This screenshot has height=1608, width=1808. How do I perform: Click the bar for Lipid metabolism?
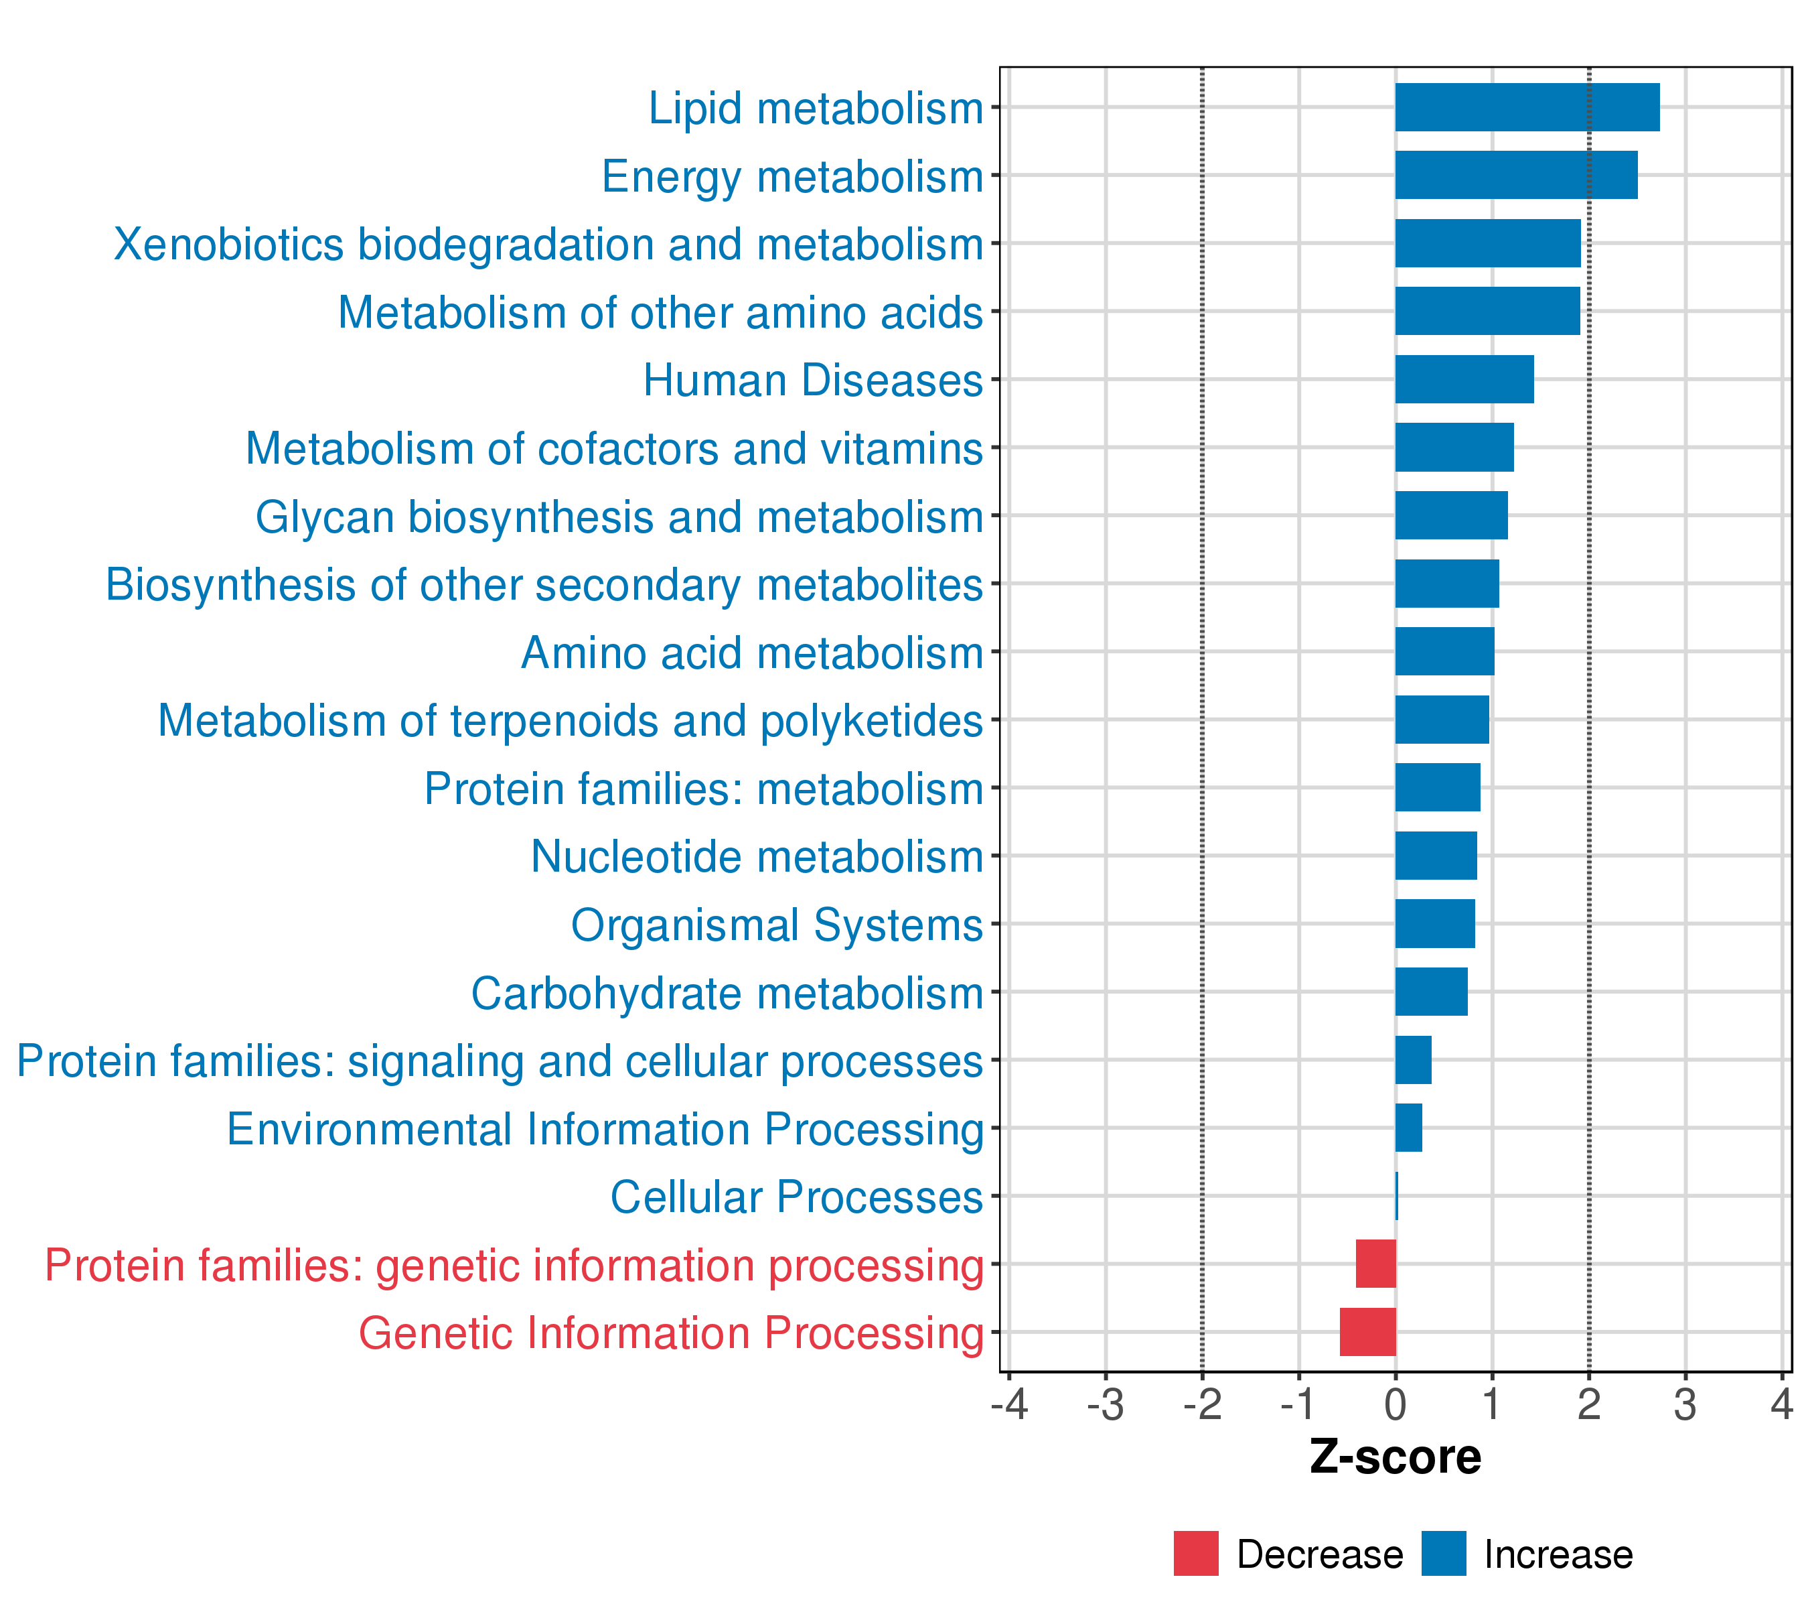click(1527, 107)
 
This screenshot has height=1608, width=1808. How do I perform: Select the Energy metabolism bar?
click(1516, 176)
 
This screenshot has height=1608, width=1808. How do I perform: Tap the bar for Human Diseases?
click(1464, 379)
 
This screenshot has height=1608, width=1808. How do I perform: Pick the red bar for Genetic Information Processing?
click(1367, 1332)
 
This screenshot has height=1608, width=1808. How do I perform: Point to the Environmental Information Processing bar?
click(1408, 1128)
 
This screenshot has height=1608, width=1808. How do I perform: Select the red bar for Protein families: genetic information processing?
click(1375, 1264)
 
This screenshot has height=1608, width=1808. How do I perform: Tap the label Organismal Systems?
click(777, 925)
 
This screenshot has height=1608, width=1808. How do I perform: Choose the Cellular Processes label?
click(796, 1197)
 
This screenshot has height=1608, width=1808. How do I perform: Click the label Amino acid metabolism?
click(752, 653)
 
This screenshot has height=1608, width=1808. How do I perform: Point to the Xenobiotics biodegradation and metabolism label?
click(548, 245)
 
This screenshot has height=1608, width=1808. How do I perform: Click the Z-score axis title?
click(1395, 1457)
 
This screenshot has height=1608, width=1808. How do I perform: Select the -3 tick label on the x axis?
click(1105, 1404)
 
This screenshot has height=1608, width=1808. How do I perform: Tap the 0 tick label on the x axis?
click(1395, 1404)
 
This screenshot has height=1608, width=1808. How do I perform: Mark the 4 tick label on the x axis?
click(1781, 1404)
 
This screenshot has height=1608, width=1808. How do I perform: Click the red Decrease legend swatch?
click(1196, 1553)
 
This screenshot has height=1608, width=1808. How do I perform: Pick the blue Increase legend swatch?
click(1444, 1553)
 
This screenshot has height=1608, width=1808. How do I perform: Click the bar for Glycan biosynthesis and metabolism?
click(1450, 515)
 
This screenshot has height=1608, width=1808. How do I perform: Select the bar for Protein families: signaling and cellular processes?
click(1413, 1059)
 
